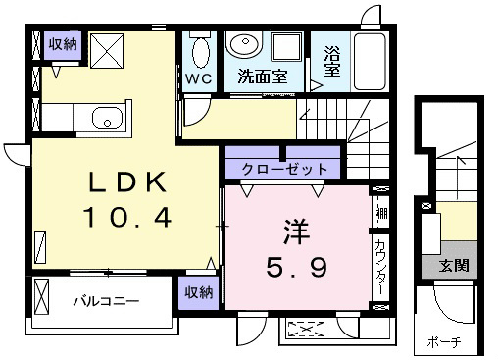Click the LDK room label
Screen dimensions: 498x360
pyautogui.click(x=128, y=181)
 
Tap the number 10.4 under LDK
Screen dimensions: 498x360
pyautogui.click(x=127, y=217)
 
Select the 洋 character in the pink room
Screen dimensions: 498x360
pyautogui.click(x=297, y=231)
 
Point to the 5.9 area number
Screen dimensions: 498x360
pyautogui.click(x=297, y=267)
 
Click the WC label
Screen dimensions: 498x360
pyautogui.click(x=199, y=78)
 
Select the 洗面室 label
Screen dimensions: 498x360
pyautogui.click(x=263, y=77)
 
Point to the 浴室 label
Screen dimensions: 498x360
pyautogui.click(x=332, y=62)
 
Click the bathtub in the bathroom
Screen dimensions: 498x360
pyautogui.click(x=370, y=62)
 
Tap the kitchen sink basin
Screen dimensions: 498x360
pyautogui.click(x=107, y=118)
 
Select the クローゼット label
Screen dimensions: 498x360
pyautogui.click(x=284, y=169)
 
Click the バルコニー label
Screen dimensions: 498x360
pyautogui.click(x=106, y=301)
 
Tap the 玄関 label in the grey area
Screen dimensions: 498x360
pyautogui.click(x=454, y=266)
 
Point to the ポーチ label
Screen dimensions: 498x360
pyautogui.click(x=444, y=342)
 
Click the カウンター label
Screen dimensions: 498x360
pyautogui.click(x=380, y=267)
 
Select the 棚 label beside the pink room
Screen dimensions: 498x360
pyautogui.click(x=381, y=213)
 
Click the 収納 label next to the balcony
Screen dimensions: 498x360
pyautogui.click(x=199, y=292)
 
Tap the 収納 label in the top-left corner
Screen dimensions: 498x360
pyautogui.click(x=63, y=44)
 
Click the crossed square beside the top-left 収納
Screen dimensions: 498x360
pyautogui.click(x=107, y=51)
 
